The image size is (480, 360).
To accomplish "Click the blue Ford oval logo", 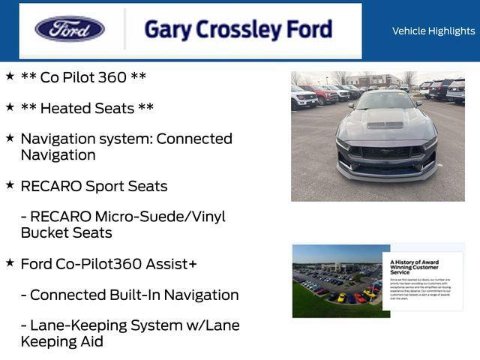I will pyautogui.click(x=70, y=29).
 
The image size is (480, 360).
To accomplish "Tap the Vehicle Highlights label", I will pyautogui.click(x=433, y=31).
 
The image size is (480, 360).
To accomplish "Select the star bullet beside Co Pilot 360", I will pyautogui.click(x=10, y=76).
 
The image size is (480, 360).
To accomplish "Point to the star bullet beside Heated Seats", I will pyautogui.click(x=10, y=106).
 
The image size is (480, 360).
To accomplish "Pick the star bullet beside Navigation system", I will pyautogui.click(x=10, y=137).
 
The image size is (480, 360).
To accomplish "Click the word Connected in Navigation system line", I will pyautogui.click(x=194, y=139).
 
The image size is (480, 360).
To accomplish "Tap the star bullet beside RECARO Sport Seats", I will pyautogui.click(x=10, y=184).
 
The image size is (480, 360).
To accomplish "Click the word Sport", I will pyautogui.click(x=106, y=186).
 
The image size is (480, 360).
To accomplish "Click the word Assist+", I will pyautogui.click(x=172, y=264).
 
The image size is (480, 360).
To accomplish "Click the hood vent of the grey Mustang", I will pyautogui.click(x=385, y=124).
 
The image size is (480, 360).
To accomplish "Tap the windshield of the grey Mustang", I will pyautogui.click(x=386, y=100).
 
